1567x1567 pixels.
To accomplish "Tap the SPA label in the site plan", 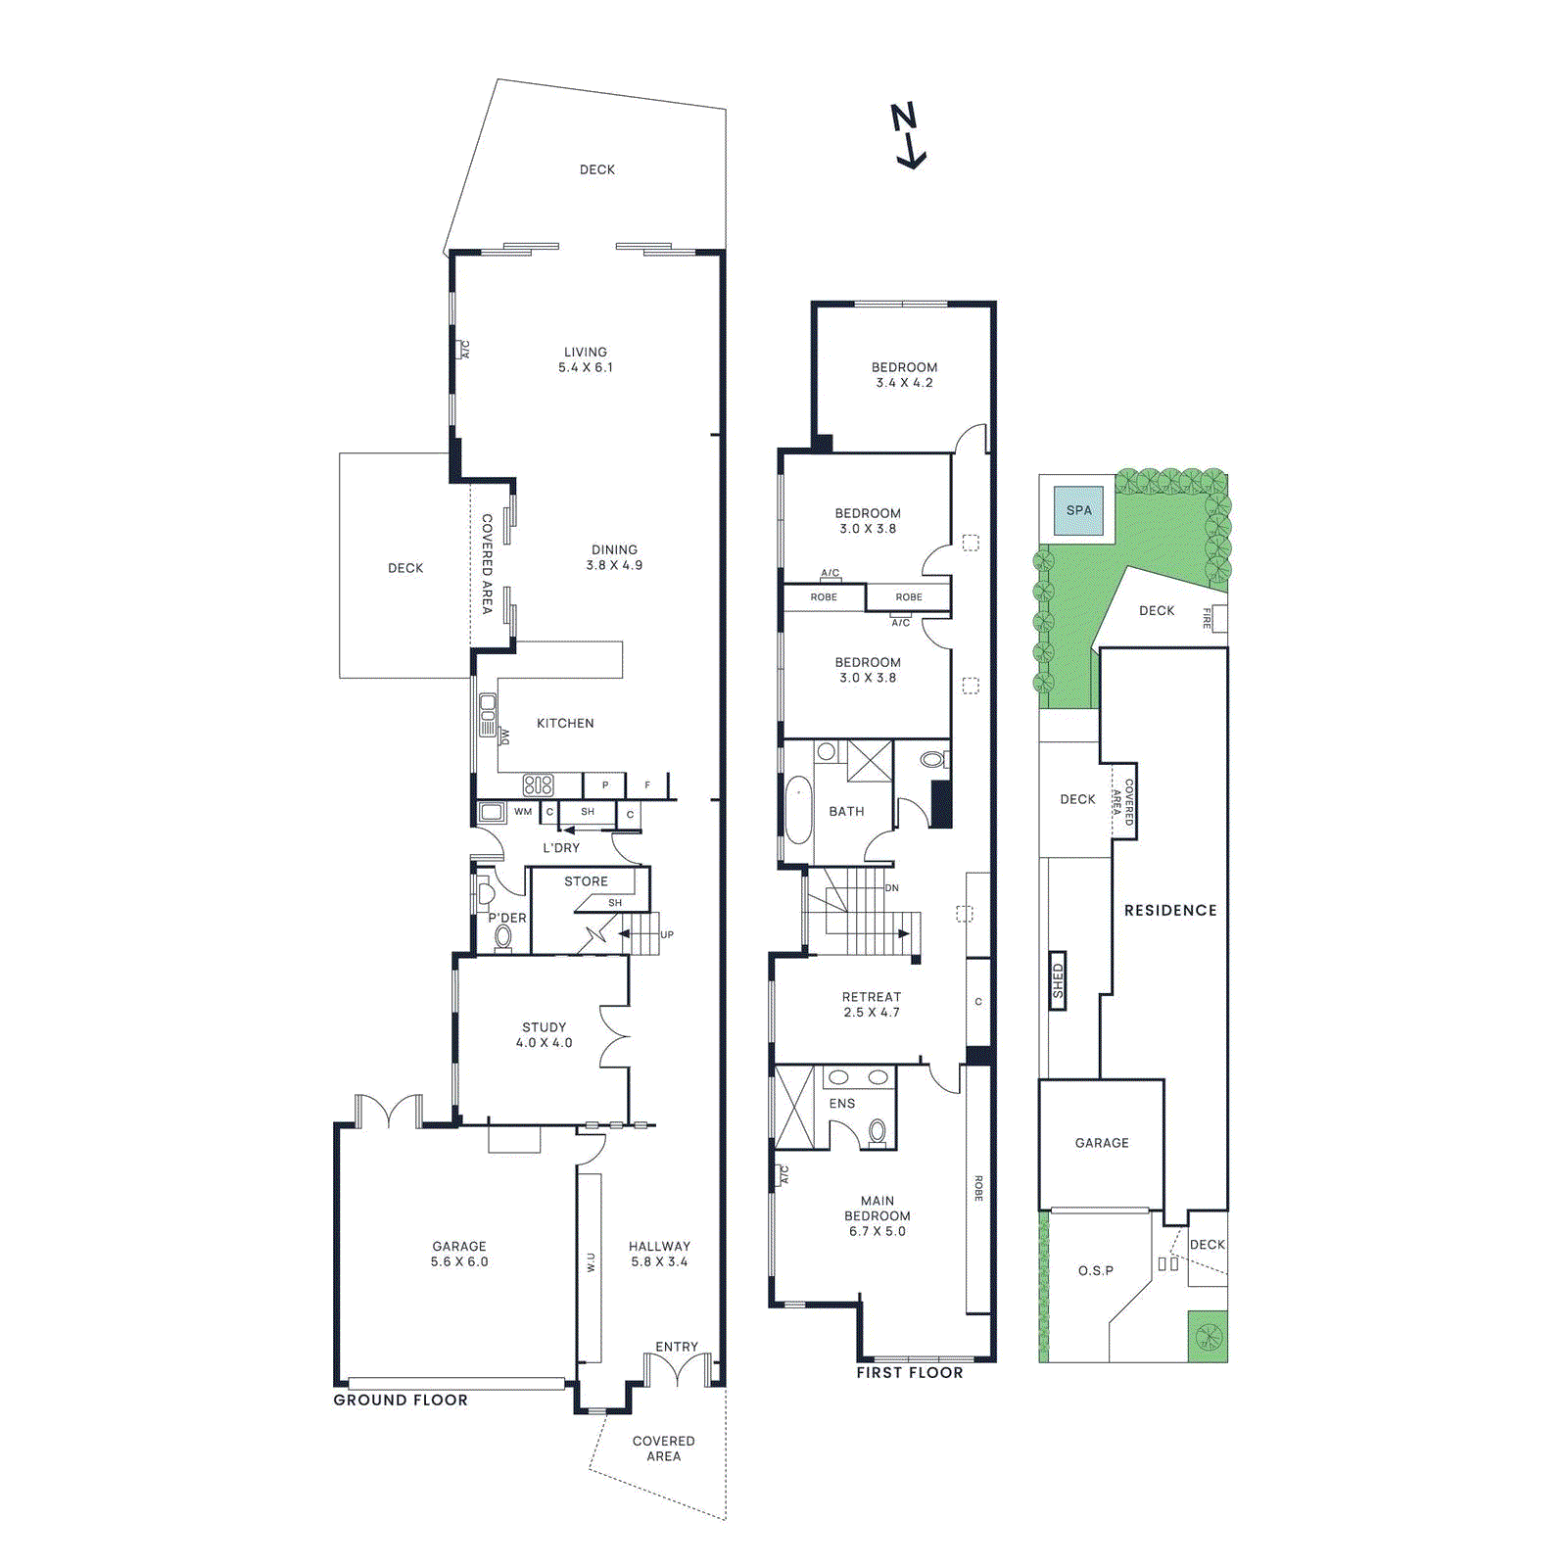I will pyautogui.click(x=1078, y=510).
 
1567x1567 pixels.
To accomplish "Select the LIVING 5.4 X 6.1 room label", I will pyautogui.click(x=586, y=359).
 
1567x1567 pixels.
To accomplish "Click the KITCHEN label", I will pyautogui.click(x=565, y=724).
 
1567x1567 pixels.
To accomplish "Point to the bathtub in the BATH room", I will pyautogui.click(x=799, y=810).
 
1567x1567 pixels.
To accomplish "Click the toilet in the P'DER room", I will pyautogui.click(x=503, y=936).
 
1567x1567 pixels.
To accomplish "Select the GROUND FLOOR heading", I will pyautogui.click(x=401, y=1401).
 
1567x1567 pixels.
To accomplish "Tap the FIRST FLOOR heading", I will pyautogui.click(x=910, y=1373).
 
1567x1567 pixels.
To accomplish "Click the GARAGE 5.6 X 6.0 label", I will pyautogui.click(x=459, y=1254).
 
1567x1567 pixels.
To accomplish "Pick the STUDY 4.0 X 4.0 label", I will pyautogui.click(x=545, y=1035).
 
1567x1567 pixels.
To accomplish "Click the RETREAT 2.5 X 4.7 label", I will pyautogui.click(x=872, y=1005).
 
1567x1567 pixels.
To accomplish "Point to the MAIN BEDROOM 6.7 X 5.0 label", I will pyautogui.click(x=878, y=1215).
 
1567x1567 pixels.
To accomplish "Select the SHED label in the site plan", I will pyautogui.click(x=1058, y=980).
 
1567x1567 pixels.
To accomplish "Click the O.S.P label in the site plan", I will pyautogui.click(x=1096, y=1271).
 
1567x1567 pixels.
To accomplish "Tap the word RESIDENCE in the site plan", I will pyautogui.click(x=1170, y=911).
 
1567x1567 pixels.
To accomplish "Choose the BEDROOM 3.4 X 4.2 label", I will pyautogui.click(x=904, y=375).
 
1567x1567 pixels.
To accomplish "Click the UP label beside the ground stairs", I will pyautogui.click(x=667, y=934).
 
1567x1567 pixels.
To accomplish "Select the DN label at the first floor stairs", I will pyautogui.click(x=891, y=888).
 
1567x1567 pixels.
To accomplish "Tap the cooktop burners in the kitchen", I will pyautogui.click(x=538, y=784).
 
